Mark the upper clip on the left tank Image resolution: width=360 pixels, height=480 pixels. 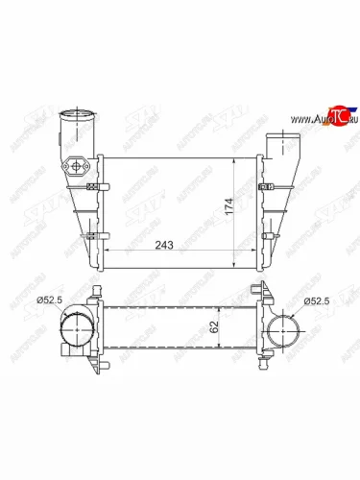[x=92, y=186]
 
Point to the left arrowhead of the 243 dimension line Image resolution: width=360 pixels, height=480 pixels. [x=104, y=252]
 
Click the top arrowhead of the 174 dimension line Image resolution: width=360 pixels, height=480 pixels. [x=236, y=156]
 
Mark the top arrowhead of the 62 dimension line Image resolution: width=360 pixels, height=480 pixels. [x=220, y=307]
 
